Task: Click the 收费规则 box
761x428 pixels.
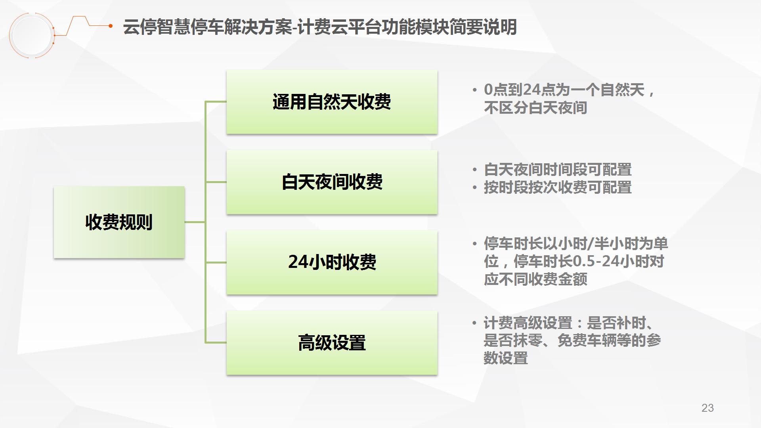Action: pos(119,222)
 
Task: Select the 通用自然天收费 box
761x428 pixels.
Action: pos(332,102)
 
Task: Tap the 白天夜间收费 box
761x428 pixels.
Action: pos(332,182)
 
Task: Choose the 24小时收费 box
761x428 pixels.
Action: pos(332,262)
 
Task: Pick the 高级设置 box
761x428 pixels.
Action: pos(332,343)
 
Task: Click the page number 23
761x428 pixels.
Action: pos(707,408)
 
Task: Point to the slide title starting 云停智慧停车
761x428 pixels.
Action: pos(320,27)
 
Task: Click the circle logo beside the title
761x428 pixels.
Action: pos(32,35)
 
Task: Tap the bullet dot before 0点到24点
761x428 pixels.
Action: pos(474,90)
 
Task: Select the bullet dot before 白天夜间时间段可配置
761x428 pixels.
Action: pos(474,170)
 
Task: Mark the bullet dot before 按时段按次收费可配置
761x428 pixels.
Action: pos(474,188)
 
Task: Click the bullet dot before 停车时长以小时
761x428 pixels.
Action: pos(474,244)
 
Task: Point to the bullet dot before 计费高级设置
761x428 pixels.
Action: pos(474,323)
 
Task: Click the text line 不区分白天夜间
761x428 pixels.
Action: pos(535,108)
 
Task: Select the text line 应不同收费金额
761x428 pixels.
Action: pos(535,279)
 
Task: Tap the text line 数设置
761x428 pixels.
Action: pos(506,358)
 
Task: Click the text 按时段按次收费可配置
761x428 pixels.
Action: pos(558,187)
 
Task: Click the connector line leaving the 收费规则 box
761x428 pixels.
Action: pos(195,222)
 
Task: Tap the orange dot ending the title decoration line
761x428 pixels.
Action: pos(111,26)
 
